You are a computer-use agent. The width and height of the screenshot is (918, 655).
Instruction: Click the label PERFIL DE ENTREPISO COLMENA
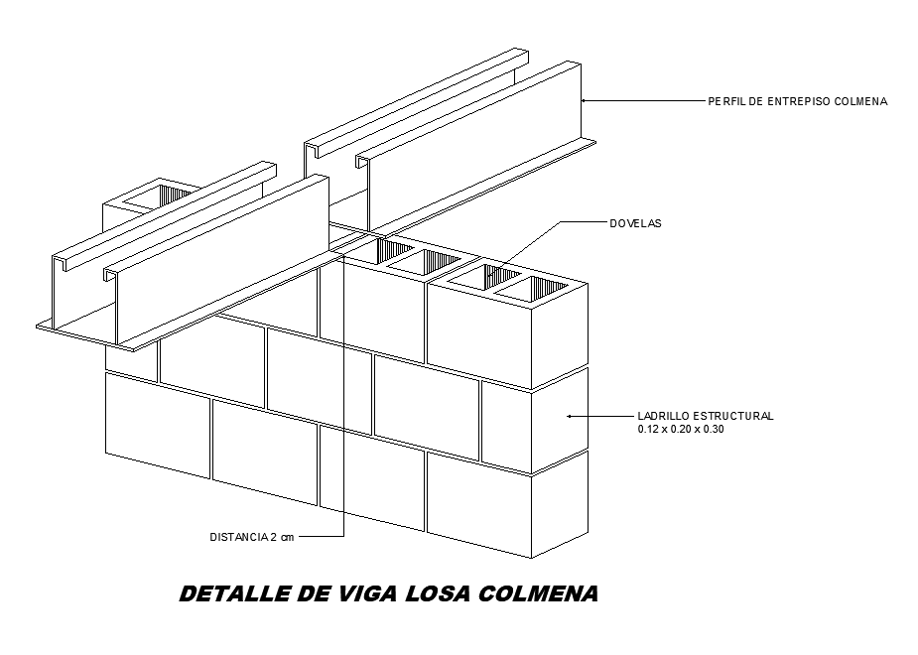pos(797,101)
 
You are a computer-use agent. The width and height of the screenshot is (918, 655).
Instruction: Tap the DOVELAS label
pos(634,224)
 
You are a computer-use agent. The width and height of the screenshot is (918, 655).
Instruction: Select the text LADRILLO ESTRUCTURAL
pos(704,416)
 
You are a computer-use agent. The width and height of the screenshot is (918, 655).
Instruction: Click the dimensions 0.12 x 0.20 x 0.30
pos(682,430)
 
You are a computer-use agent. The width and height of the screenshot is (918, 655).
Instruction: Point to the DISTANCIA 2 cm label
pos(252,537)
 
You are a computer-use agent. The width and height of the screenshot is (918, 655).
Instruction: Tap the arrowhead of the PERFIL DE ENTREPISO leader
pos(585,100)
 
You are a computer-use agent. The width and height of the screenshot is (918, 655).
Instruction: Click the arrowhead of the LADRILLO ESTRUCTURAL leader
pos(568,416)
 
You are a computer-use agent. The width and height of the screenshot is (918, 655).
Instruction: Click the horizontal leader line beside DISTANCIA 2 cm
pos(320,537)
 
